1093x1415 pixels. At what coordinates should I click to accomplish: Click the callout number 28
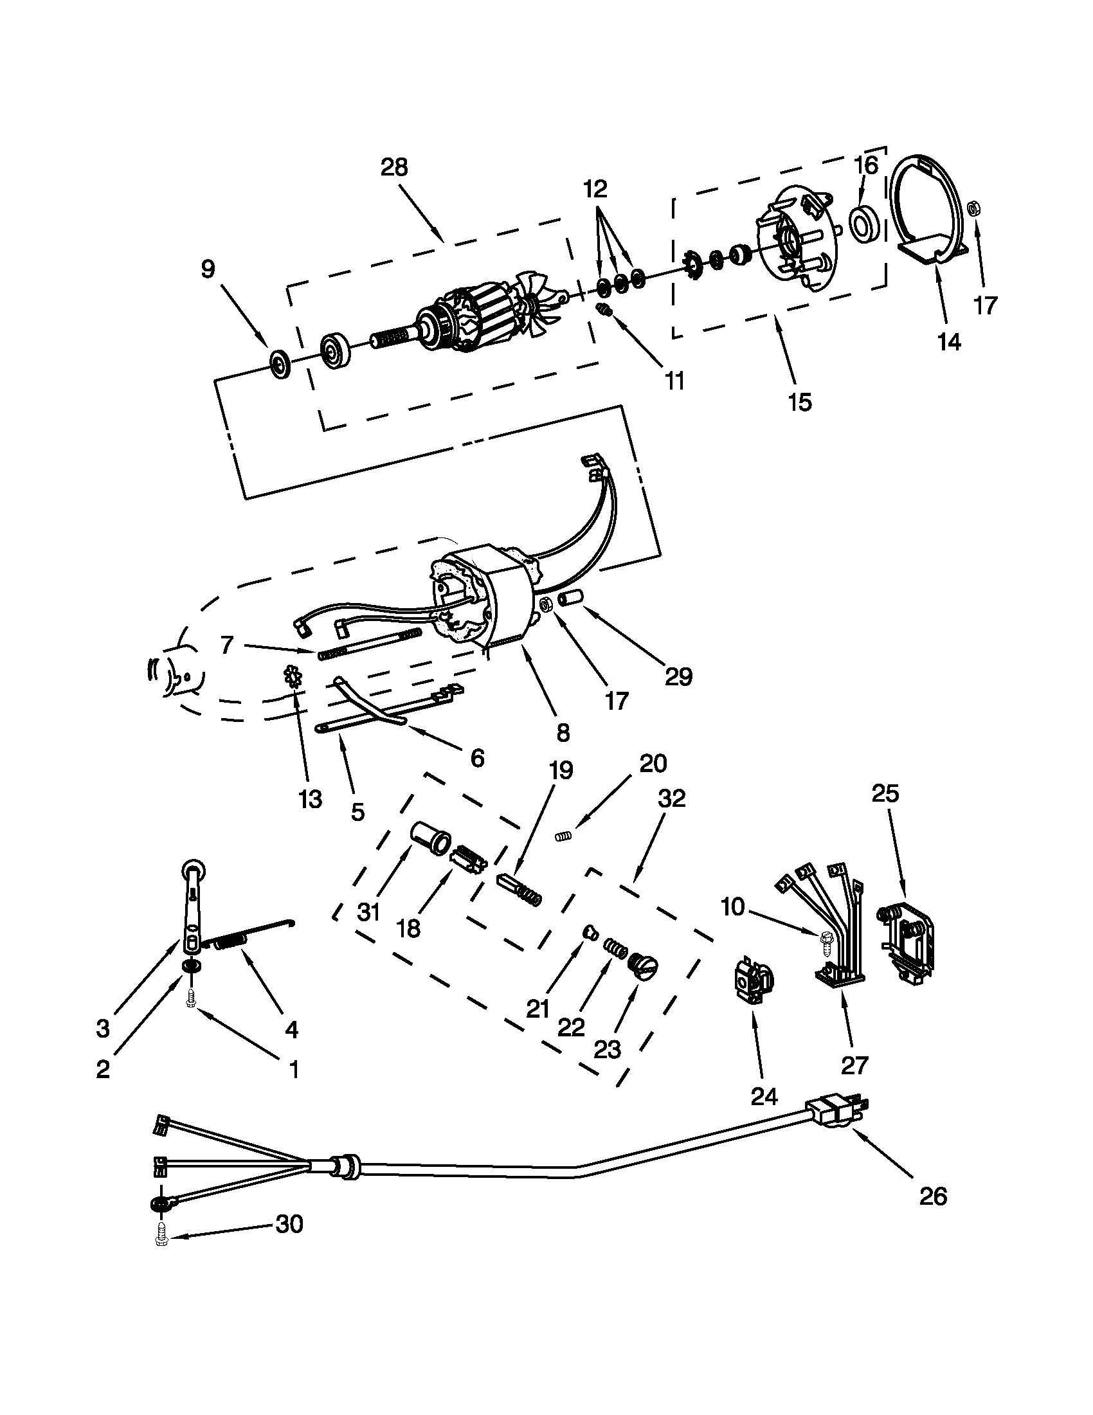pyautogui.click(x=394, y=167)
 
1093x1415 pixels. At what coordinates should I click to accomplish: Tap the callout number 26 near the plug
pyautogui.click(x=933, y=1196)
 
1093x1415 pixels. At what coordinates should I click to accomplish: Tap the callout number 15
pyautogui.click(x=800, y=402)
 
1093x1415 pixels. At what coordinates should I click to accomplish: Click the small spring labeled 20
pyautogui.click(x=565, y=836)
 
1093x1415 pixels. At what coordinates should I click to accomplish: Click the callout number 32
pyautogui.click(x=671, y=798)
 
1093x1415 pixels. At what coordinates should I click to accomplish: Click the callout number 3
pyautogui.click(x=103, y=1028)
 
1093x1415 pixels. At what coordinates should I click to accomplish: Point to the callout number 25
pyautogui.click(x=886, y=793)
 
